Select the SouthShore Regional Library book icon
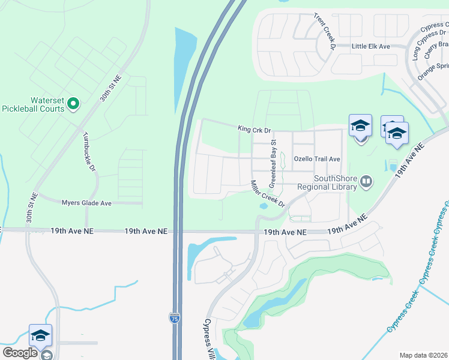click(365, 180)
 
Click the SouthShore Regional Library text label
click(336, 182)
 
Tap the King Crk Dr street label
click(255, 129)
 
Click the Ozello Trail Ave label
click(316, 159)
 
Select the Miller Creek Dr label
click(268, 194)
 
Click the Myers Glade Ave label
click(86, 203)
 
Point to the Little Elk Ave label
click(371, 46)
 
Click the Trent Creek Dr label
click(324, 31)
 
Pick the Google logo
click(20, 353)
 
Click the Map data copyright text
click(423, 355)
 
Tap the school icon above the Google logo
click(40, 335)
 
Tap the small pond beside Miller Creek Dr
click(263, 206)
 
